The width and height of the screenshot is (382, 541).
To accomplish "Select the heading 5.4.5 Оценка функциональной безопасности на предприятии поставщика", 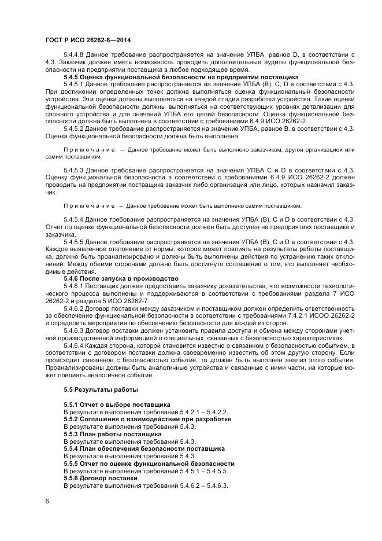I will click(181, 77).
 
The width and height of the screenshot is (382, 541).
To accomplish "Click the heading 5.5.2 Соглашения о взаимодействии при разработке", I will click(147, 419).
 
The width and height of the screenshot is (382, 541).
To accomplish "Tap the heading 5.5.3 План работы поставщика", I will click(113, 434).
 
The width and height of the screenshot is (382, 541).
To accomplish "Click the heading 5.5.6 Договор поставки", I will click(101, 478).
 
